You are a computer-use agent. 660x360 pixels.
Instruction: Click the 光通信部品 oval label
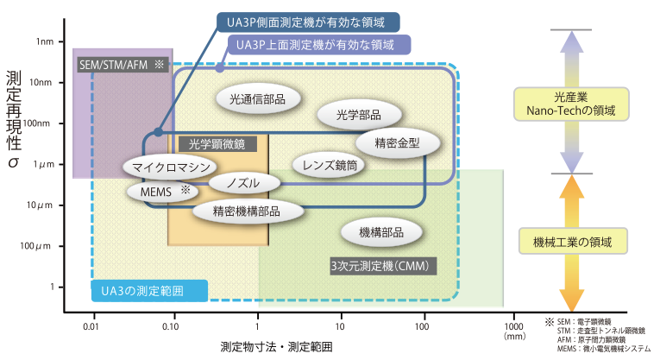(258, 98)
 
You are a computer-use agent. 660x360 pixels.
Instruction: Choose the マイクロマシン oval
(169, 166)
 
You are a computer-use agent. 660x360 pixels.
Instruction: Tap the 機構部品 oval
(381, 231)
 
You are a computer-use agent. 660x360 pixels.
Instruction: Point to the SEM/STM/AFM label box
(120, 65)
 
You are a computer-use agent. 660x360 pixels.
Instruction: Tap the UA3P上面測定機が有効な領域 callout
(317, 45)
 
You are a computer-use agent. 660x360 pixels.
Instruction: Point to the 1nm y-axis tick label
(45, 41)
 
